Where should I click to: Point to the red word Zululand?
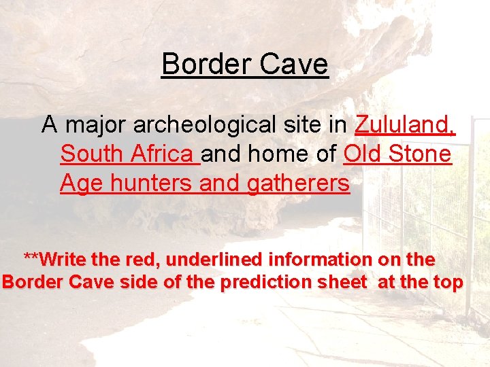pyautogui.click(x=405, y=125)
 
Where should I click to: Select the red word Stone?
pyautogui.click(x=420, y=154)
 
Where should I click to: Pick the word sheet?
pyautogui.click(x=344, y=282)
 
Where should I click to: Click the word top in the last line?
pyautogui.click(x=447, y=282)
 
